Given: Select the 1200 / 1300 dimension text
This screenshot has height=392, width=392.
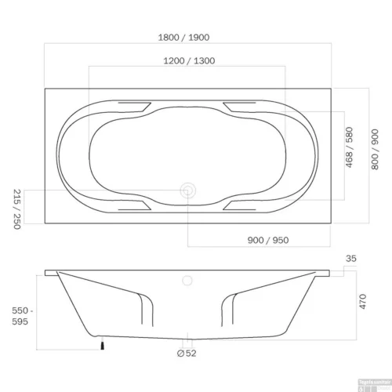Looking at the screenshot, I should (188, 60).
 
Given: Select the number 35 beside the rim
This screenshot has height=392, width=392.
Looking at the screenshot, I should (351, 258).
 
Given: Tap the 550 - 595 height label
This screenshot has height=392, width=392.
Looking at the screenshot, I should (13, 315).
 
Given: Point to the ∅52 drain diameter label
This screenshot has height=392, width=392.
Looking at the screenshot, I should (187, 354).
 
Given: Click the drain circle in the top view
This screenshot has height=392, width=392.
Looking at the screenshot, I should (188, 189).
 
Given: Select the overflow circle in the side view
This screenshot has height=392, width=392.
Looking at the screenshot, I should (188, 280).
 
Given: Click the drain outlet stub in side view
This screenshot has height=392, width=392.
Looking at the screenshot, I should (188, 342).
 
